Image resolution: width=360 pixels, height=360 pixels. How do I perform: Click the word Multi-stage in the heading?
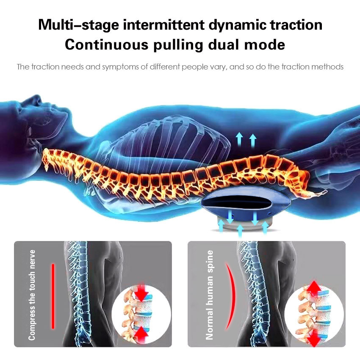(78, 25)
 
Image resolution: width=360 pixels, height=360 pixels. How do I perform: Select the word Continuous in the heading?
(107, 44)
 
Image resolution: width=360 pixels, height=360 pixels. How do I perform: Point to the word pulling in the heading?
(178, 45)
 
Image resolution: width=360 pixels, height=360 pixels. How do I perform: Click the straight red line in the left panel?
(53, 296)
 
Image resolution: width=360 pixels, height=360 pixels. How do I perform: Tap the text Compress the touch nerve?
(32, 295)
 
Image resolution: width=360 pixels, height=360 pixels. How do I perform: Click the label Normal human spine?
(209, 295)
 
